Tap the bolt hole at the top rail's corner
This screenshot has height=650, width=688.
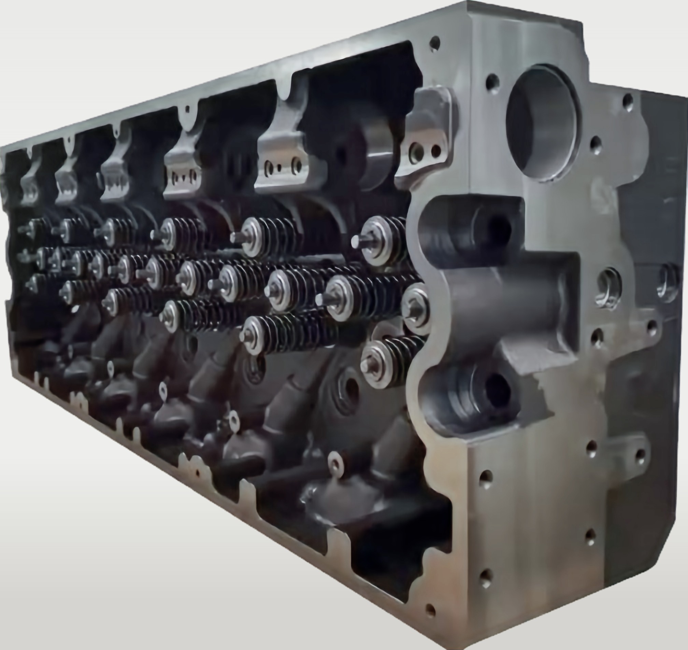pos(435,44)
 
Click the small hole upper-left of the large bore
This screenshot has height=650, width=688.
pos(492,83)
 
